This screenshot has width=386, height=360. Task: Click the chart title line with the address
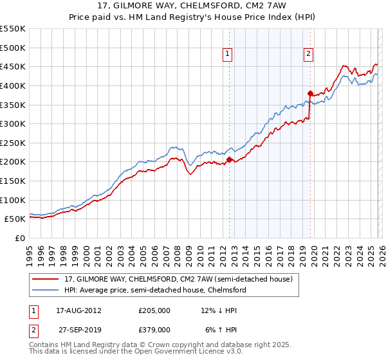(x=193, y=7)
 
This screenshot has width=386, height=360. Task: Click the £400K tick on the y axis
(x=13, y=85)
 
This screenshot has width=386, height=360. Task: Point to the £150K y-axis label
(x=13, y=181)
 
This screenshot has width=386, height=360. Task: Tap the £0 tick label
(x=20, y=238)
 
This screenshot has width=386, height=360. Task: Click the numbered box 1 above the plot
(x=228, y=55)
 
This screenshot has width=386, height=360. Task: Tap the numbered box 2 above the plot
(x=309, y=55)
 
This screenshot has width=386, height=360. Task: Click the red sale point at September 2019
(x=310, y=93)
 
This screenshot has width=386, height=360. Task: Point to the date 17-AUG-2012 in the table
(x=78, y=310)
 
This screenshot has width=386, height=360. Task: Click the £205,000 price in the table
(x=154, y=310)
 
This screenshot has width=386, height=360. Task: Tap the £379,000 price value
(x=154, y=329)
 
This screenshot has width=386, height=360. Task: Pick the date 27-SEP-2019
(x=78, y=329)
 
